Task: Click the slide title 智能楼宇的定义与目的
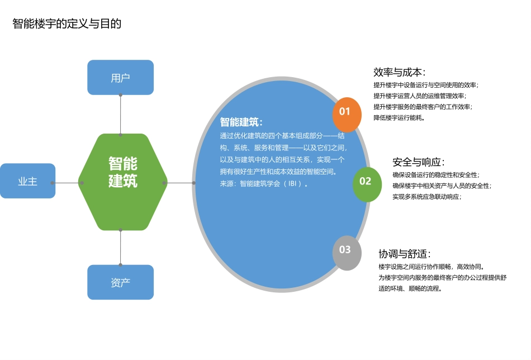tap(67, 24)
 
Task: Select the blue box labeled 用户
tap(120, 77)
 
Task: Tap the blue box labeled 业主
tap(27, 181)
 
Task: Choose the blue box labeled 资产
tap(120, 282)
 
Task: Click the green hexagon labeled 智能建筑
tap(122, 172)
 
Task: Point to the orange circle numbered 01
tap(345, 111)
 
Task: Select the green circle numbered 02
tap(365, 181)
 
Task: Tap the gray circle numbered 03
tap(345, 249)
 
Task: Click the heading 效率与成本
tap(399, 72)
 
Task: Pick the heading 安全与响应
tap(419, 162)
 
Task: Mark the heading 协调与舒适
tap(405, 253)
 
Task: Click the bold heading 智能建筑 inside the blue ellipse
tap(241, 122)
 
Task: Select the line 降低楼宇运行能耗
tap(399, 117)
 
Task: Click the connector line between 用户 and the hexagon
tap(120, 115)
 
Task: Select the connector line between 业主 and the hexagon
tap(67, 183)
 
